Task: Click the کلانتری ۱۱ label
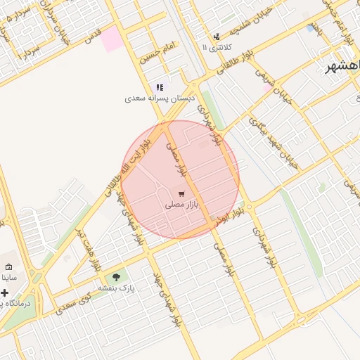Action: (x=215, y=47)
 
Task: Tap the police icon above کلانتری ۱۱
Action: (x=217, y=36)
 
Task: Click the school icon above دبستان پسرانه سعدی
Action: (x=160, y=88)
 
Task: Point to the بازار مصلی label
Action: (x=182, y=205)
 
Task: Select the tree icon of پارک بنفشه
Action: (x=116, y=277)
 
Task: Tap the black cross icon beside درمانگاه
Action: (x=5, y=292)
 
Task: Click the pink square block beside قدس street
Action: (x=110, y=40)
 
